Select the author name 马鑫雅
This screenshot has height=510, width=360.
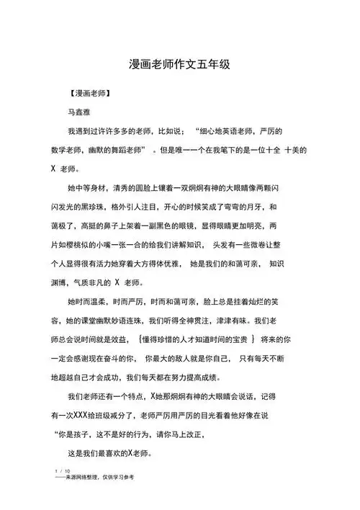click(x=81, y=113)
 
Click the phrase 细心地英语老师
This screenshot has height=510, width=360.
click(x=228, y=132)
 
